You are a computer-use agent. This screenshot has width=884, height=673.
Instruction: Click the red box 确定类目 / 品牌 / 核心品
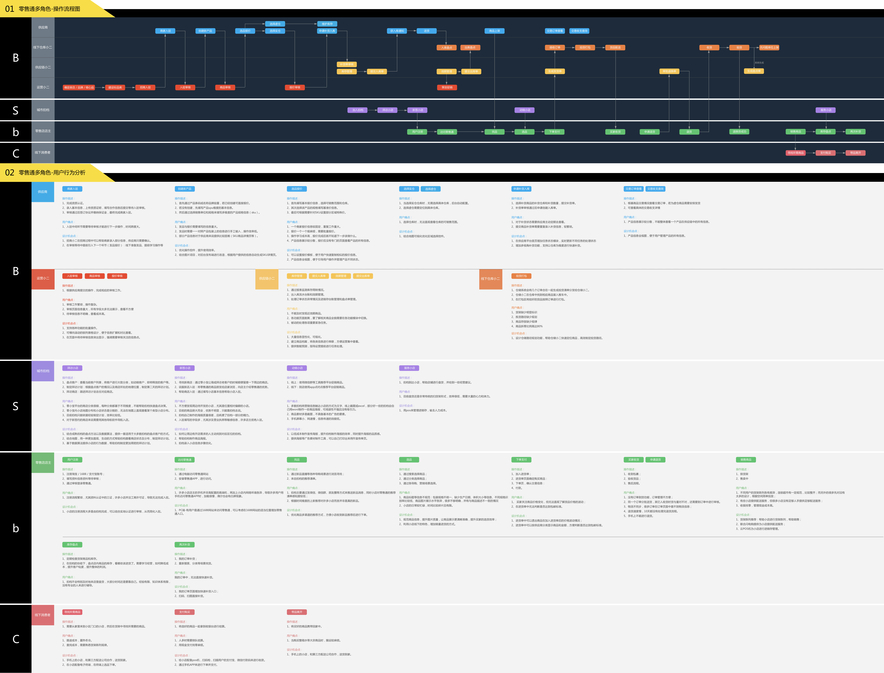(x=79, y=87)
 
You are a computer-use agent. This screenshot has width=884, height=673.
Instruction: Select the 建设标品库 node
(x=115, y=87)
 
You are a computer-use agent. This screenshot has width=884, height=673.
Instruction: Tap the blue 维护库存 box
(x=327, y=24)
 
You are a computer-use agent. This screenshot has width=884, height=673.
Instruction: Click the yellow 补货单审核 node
(x=347, y=64)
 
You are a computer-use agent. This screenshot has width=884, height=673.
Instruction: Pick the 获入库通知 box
(x=397, y=31)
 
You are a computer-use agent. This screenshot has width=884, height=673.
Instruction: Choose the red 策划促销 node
(x=447, y=87)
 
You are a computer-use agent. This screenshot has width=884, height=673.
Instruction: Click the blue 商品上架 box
(x=494, y=31)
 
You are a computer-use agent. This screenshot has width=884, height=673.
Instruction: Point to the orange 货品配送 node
(x=615, y=47)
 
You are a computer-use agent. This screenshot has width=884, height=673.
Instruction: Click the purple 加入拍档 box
(x=358, y=110)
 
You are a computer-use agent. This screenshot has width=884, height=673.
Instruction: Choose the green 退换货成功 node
(x=739, y=131)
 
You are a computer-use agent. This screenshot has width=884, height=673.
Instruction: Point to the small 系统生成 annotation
(x=759, y=62)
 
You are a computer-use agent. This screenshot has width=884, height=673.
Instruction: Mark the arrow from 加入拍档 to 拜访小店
(x=373, y=110)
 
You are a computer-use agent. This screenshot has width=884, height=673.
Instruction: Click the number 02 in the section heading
(x=10, y=173)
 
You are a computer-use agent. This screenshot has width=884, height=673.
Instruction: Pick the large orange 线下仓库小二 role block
(x=490, y=278)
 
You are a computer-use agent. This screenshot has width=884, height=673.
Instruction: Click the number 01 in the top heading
(x=10, y=9)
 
